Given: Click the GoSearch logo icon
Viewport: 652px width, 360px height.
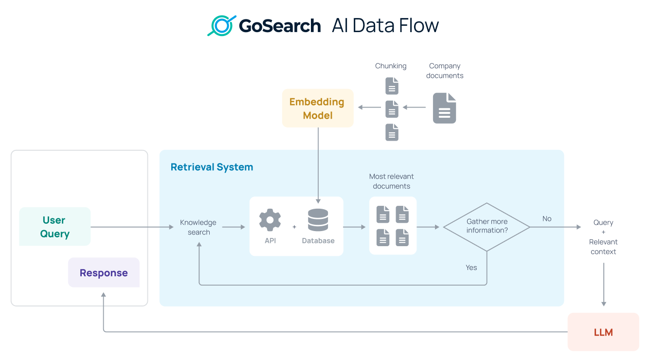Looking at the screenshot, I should (221, 26).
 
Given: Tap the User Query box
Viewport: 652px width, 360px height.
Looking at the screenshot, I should (54, 227).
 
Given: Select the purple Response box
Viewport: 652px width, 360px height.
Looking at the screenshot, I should (104, 273).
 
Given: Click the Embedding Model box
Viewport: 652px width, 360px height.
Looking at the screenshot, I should (317, 108).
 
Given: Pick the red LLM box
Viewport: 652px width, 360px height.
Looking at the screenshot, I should (603, 332).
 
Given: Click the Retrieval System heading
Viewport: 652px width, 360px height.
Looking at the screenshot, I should (212, 167).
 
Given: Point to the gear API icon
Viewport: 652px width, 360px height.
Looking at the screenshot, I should (270, 220).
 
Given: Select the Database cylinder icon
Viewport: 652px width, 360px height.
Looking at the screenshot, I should (318, 220).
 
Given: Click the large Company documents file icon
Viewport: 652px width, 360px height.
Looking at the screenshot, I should (444, 108).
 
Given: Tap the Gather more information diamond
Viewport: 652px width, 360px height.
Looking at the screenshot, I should (487, 227).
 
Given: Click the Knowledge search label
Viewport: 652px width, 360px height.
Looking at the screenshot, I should (199, 227).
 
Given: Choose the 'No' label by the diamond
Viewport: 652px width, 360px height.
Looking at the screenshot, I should (547, 218).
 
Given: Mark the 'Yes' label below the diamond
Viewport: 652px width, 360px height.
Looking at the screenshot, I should (471, 268).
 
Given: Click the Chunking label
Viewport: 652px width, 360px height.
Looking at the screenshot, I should (390, 66).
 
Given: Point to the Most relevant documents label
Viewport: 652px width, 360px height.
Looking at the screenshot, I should (391, 181).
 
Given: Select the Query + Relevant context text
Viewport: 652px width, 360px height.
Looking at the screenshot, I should (603, 237).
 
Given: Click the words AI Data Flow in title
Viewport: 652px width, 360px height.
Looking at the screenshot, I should (385, 25).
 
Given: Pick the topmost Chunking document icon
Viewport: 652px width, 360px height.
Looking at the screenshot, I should (392, 86).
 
